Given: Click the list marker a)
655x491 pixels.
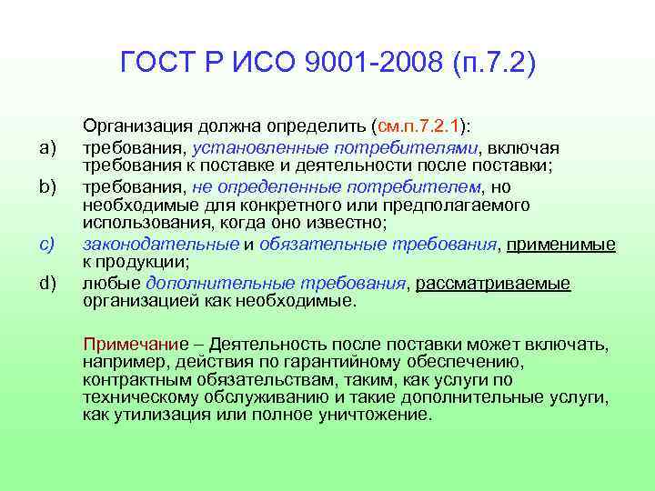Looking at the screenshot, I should tap(48, 148).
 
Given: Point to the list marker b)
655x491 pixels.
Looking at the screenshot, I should tap(48, 187).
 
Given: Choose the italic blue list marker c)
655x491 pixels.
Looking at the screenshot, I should tap(48, 244).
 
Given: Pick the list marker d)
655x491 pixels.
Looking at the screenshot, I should tap(48, 284).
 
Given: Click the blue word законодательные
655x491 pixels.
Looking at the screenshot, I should tap(161, 244).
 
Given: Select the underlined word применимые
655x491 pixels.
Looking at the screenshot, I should tap(560, 244).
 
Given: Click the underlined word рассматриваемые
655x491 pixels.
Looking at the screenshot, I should tap(494, 284).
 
